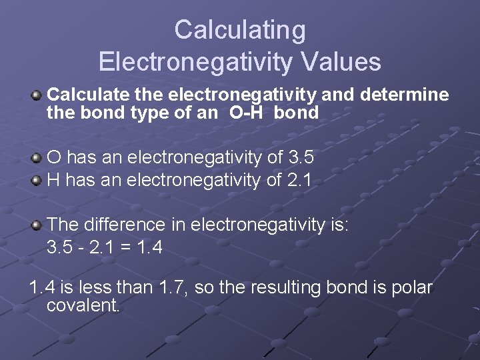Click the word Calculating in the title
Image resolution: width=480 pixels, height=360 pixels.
tap(240, 30)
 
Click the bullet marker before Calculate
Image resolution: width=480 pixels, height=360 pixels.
tap(37, 95)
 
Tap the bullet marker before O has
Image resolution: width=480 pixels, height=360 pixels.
tap(37, 159)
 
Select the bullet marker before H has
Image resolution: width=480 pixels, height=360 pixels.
tap(37, 179)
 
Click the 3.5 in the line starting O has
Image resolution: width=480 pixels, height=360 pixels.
tap(301, 158)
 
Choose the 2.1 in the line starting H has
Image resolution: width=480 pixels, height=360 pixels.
tap(299, 179)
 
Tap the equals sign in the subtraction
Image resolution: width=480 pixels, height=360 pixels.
tap(120, 248)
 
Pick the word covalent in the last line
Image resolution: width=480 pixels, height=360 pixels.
tap(83, 306)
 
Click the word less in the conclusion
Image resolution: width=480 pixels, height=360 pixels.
tap(106, 288)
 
